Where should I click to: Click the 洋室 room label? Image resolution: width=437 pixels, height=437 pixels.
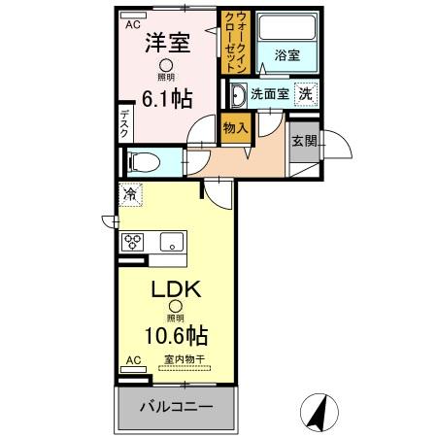[166, 45]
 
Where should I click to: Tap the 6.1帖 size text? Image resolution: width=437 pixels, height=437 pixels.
[167, 98]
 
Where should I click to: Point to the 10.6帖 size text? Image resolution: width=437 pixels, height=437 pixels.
[175, 337]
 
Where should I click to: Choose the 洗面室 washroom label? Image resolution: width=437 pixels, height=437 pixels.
[269, 95]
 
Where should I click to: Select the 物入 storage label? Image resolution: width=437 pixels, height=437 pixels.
[234, 126]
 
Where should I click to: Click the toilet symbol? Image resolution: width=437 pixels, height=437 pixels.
[135, 161]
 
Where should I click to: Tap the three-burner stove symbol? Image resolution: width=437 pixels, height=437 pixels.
[133, 241]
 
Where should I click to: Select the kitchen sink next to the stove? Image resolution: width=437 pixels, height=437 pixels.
[173, 242]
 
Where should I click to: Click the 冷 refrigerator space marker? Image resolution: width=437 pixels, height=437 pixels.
[129, 194]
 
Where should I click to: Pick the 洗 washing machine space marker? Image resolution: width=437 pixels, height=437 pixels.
[304, 95]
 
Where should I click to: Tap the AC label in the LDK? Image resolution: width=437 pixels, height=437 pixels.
[132, 359]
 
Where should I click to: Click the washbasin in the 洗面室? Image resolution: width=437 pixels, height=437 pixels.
[238, 95]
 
